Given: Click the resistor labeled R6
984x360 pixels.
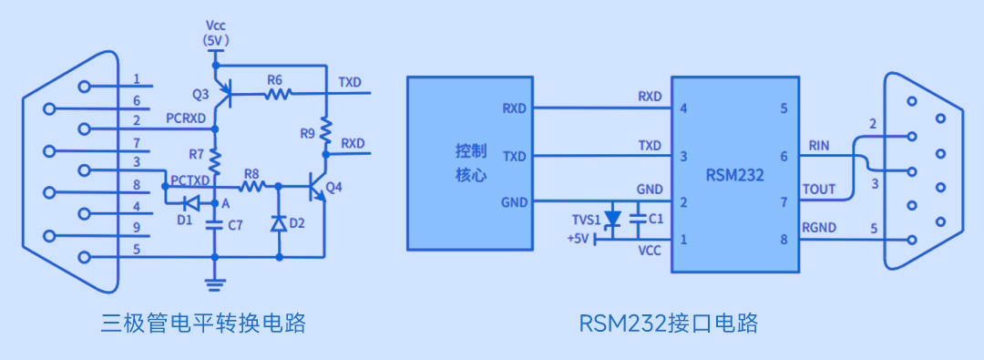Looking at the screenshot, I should pos(277,92).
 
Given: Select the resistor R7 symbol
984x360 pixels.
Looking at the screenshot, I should pos(216,161).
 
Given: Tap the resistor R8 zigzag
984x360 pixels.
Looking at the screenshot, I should pos(252,186).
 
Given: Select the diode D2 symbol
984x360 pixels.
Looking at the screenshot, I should pos(279,222).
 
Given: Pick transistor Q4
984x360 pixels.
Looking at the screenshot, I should pos(318,188).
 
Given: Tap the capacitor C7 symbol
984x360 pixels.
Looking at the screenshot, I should pos(215,225).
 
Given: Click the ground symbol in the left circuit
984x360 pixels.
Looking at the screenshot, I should pos(215,283).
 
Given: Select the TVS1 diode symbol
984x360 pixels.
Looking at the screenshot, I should pos(613,220).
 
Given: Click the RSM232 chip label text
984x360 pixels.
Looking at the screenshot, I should pos(734,174).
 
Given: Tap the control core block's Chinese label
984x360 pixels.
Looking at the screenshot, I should pos(472,161).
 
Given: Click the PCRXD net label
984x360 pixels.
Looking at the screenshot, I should pos(189,118).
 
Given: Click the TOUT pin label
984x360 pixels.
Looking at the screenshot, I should pos(818,189).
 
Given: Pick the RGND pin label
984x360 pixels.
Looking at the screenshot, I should pos(820,228).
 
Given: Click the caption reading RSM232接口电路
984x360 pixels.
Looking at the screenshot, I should pos(668,323).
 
